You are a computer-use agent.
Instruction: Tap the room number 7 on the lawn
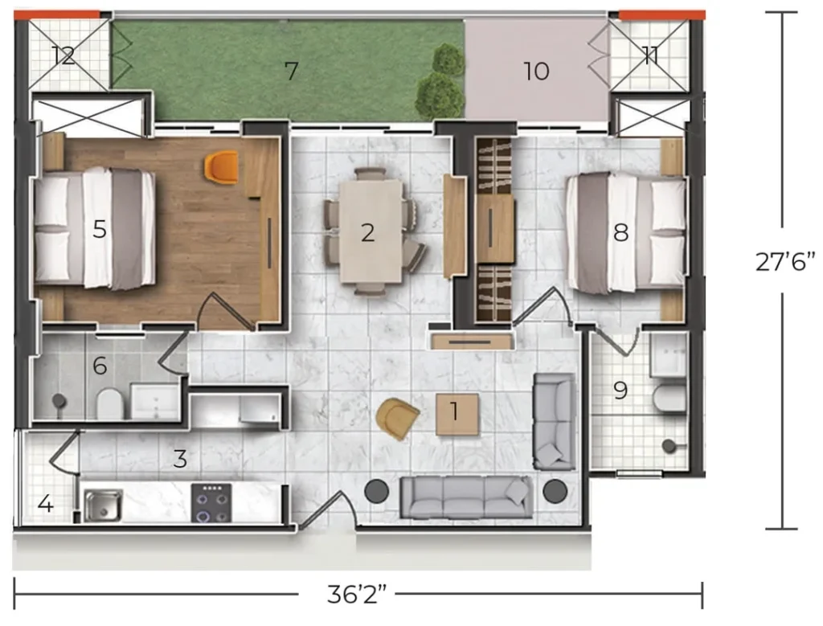(291, 70)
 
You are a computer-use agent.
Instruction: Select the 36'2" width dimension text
(357, 595)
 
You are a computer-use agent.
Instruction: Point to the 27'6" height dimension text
(785, 261)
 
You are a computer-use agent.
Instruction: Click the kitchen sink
(103, 505)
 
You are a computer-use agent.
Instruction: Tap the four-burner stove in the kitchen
(211, 503)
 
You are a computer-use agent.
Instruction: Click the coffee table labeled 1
(457, 414)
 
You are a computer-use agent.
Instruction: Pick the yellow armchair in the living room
(397, 418)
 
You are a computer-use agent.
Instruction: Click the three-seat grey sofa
(466, 497)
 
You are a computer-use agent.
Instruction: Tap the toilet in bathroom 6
(109, 403)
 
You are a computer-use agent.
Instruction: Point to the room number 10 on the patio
(536, 71)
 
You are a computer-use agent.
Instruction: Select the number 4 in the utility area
(45, 504)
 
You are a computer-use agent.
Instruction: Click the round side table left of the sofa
(377, 491)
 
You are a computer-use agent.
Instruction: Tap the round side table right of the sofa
(555, 491)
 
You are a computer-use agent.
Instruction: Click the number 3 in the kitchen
(180, 459)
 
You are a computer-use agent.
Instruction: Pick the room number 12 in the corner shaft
(63, 55)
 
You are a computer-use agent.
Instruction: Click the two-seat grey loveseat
(554, 421)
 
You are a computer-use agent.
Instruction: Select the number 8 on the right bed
(621, 232)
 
